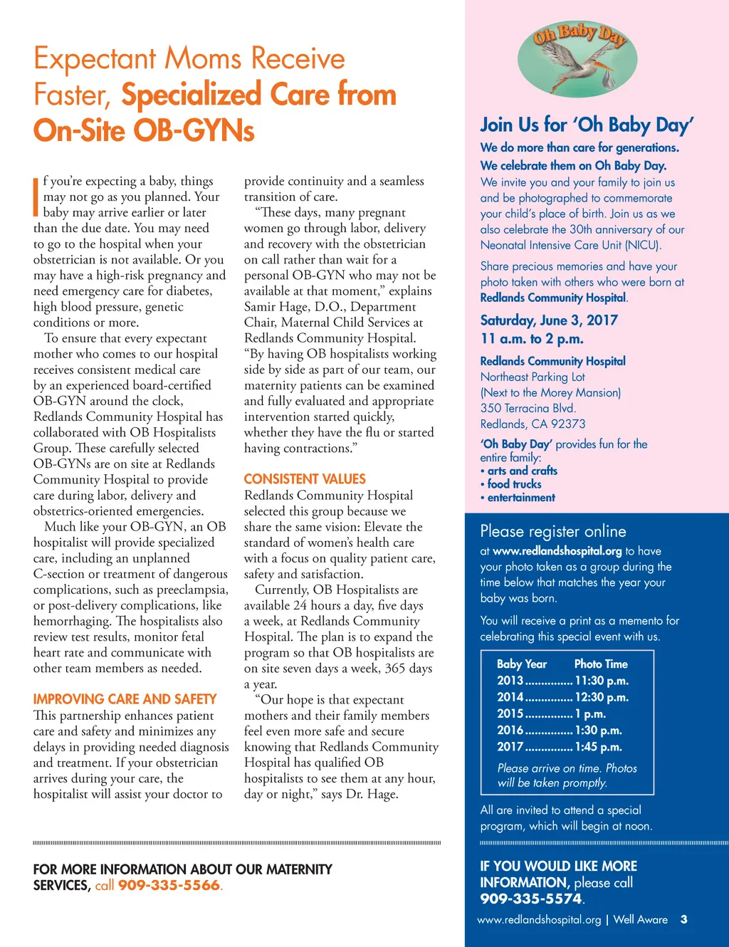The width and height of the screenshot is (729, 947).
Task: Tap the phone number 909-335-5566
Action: [169, 886]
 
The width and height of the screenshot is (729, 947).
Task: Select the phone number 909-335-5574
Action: [530, 899]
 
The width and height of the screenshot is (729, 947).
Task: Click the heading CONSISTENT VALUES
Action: [305, 479]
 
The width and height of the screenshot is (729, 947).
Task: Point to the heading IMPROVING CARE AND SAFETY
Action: [125, 699]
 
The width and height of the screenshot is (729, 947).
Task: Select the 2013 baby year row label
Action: [510, 681]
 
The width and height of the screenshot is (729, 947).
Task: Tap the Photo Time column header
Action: [601, 664]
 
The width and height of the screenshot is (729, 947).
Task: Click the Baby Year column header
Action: [522, 664]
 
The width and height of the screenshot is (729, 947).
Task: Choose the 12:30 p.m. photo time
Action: [602, 697]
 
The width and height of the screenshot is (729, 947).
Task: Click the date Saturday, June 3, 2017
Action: [549, 320]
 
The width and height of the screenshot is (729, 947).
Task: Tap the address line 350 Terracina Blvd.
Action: [528, 408]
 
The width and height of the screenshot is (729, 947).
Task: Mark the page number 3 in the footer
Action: [683, 919]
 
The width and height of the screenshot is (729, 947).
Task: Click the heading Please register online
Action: [553, 531]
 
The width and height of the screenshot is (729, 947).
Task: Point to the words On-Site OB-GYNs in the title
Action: [144, 131]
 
